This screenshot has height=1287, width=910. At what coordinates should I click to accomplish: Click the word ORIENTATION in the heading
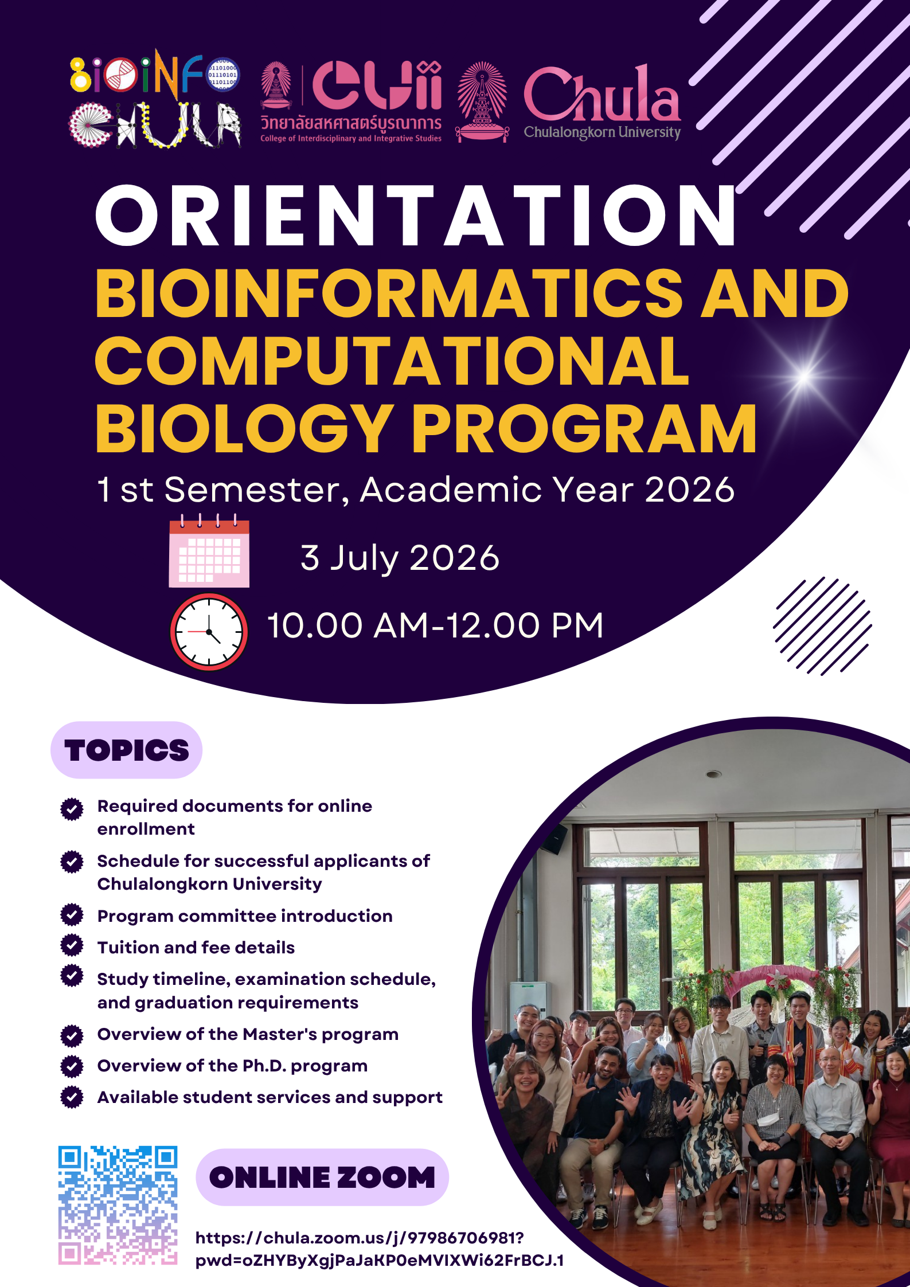(x=416, y=216)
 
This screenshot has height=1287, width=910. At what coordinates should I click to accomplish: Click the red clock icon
(x=209, y=632)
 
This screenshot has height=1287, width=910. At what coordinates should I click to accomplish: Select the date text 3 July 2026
(x=400, y=558)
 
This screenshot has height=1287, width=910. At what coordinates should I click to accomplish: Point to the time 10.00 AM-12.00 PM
(x=435, y=625)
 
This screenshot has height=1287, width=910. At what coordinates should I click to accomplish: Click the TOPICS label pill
(x=127, y=750)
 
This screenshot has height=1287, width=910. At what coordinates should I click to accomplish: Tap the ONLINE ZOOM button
(x=322, y=1177)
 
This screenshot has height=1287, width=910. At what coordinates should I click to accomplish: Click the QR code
(x=118, y=1205)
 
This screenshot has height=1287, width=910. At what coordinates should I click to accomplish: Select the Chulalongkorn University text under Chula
(x=602, y=132)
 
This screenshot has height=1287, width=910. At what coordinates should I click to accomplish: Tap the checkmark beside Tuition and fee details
(x=72, y=945)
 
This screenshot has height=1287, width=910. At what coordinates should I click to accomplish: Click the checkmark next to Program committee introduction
(x=72, y=914)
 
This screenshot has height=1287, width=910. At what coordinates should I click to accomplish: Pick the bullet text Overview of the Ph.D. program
(x=232, y=1066)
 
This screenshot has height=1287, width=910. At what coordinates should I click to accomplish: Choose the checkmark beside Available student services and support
(x=72, y=1097)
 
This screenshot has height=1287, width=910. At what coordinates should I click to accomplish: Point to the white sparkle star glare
(x=804, y=377)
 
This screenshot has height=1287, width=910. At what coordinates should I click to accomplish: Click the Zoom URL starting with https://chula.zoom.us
(x=380, y=1249)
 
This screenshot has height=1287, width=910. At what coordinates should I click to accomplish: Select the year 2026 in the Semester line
(x=689, y=490)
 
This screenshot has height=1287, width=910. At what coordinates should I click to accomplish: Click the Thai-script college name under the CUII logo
(x=351, y=123)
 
